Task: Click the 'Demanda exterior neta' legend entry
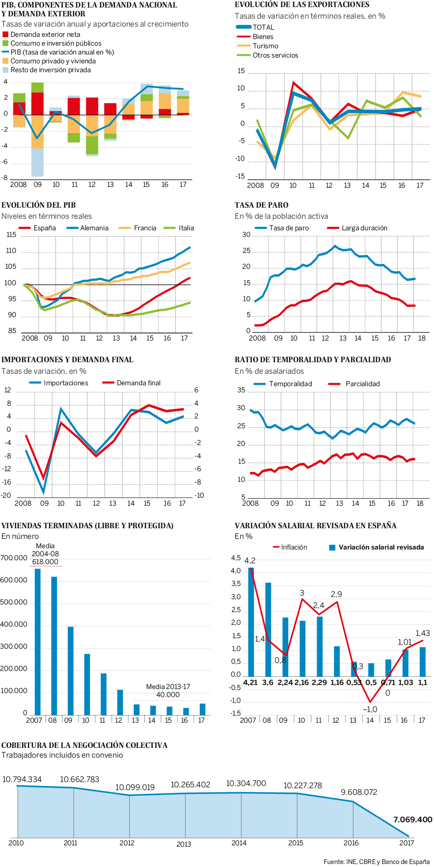point(45,35)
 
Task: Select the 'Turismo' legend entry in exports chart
point(265,46)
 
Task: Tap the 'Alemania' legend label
point(94,228)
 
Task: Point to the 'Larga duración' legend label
point(364,228)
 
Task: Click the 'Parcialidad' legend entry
point(362,384)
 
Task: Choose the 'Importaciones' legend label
point(66,383)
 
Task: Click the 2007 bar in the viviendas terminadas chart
point(38,642)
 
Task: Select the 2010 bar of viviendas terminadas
point(87,684)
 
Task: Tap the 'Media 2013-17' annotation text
point(168,687)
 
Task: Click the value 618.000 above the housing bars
point(45,562)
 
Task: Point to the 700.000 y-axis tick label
point(14,558)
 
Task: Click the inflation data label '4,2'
point(250,561)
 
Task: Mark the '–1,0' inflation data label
point(370,709)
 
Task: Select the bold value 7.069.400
point(412,820)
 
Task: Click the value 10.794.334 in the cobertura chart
point(22,779)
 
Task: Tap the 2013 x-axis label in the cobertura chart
point(184,844)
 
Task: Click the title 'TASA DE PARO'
point(261,205)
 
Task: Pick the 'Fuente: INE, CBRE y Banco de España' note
point(376,862)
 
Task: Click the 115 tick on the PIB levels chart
point(11,235)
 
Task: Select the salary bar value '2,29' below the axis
point(319,682)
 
